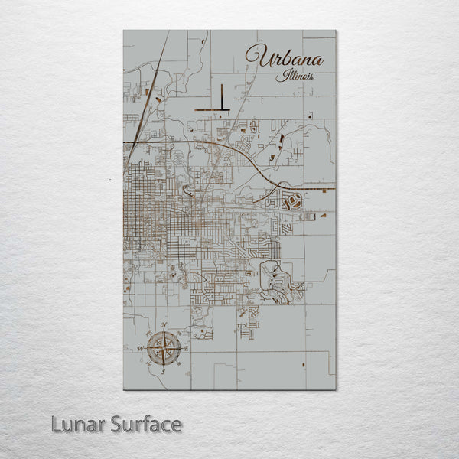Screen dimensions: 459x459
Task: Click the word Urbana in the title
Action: pos(285,57)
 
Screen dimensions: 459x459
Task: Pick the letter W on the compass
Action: pos(141,349)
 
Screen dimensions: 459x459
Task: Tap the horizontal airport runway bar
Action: pos(211,110)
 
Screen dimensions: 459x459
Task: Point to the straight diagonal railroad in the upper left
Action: pos(153,84)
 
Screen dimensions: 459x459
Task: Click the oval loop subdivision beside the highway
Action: pos(292,202)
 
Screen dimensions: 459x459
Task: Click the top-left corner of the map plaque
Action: pos(124,31)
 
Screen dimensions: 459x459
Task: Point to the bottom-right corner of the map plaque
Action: pos(335,389)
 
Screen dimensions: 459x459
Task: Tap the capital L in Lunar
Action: pos(57,424)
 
